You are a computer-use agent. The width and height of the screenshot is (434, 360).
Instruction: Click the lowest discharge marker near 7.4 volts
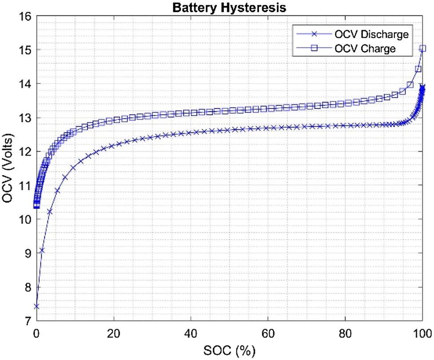(36, 307)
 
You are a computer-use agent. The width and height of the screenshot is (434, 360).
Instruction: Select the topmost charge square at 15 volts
(423, 48)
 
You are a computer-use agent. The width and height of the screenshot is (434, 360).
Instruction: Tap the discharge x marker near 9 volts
(42, 251)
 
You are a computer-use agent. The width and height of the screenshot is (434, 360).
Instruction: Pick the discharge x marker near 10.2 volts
(50, 212)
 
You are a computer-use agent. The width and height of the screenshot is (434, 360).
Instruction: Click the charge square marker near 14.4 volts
(418, 69)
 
